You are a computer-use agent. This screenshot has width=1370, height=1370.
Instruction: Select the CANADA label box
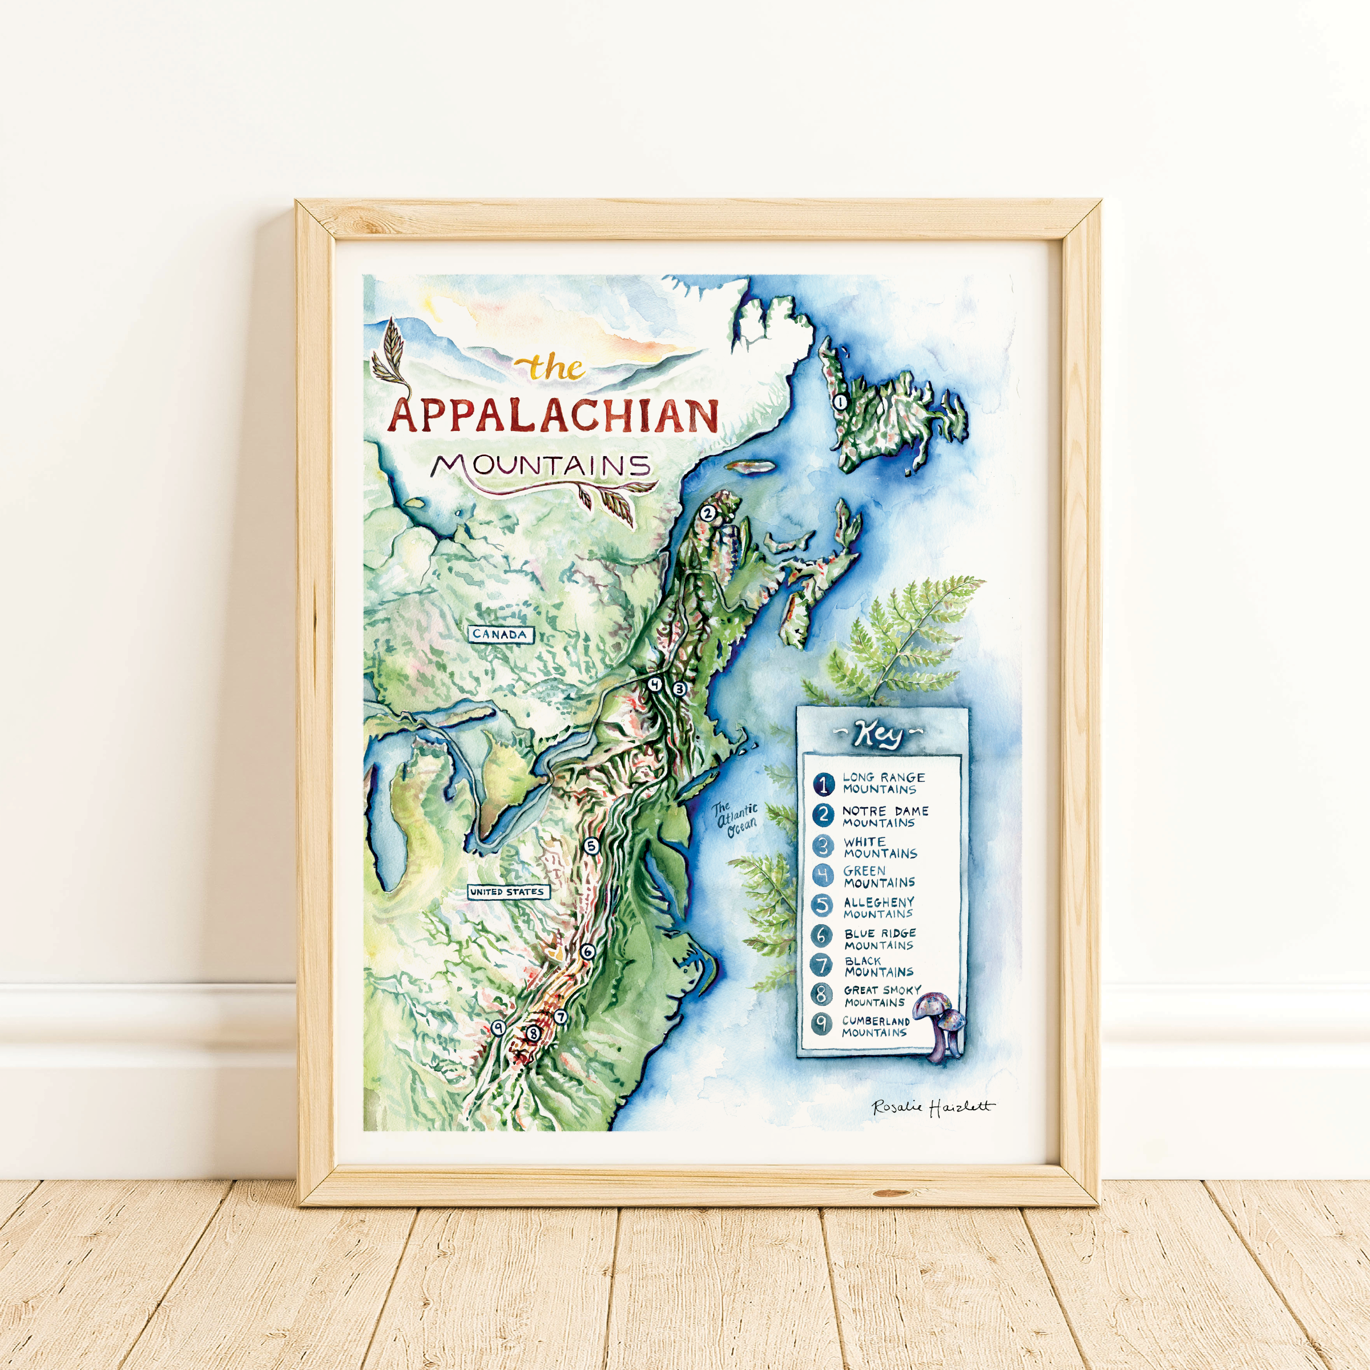tap(500, 634)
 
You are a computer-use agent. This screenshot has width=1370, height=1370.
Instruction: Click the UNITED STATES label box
tap(509, 892)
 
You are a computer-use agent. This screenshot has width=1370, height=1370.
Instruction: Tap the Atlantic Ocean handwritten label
tap(735, 820)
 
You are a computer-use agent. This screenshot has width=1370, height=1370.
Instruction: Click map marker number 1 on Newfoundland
tap(840, 402)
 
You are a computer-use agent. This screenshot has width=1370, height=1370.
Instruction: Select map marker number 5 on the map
tap(591, 845)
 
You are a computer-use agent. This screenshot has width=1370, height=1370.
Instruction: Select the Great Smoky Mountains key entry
tap(881, 996)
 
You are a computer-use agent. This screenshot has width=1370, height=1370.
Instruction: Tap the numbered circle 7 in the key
tap(822, 965)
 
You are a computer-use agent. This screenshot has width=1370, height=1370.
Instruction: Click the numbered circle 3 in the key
tap(823, 846)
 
